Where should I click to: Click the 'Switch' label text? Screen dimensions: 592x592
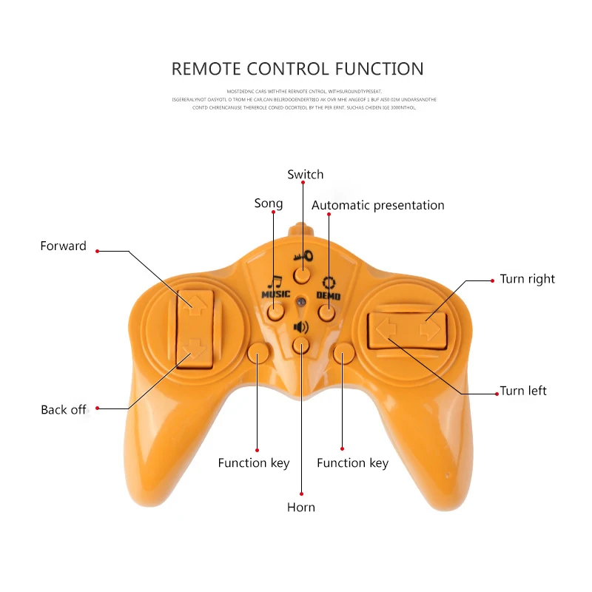pyautogui.click(x=306, y=175)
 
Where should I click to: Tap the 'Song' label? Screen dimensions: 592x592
pyautogui.click(x=269, y=203)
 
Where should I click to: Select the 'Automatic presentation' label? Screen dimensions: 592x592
pyautogui.click(x=377, y=205)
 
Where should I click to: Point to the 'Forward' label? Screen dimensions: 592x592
pyautogui.click(x=63, y=246)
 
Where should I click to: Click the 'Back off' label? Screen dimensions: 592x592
pyautogui.click(x=64, y=409)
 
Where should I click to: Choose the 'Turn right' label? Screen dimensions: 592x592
pyautogui.click(x=527, y=279)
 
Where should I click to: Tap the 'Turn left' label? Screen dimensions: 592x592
pyautogui.click(x=523, y=391)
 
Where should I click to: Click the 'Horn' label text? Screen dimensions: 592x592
pyautogui.click(x=301, y=507)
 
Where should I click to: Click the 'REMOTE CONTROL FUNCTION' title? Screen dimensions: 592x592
pyautogui.click(x=297, y=70)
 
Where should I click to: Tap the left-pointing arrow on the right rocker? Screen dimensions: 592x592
pyautogui.click(x=384, y=328)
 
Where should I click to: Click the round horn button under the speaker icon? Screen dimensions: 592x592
pyautogui.click(x=300, y=344)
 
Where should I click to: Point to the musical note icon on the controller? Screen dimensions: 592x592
pyautogui.click(x=275, y=282)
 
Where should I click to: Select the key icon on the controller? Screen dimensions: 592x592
pyautogui.click(x=303, y=257)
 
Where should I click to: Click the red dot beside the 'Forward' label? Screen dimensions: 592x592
pyautogui.click(x=97, y=250)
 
